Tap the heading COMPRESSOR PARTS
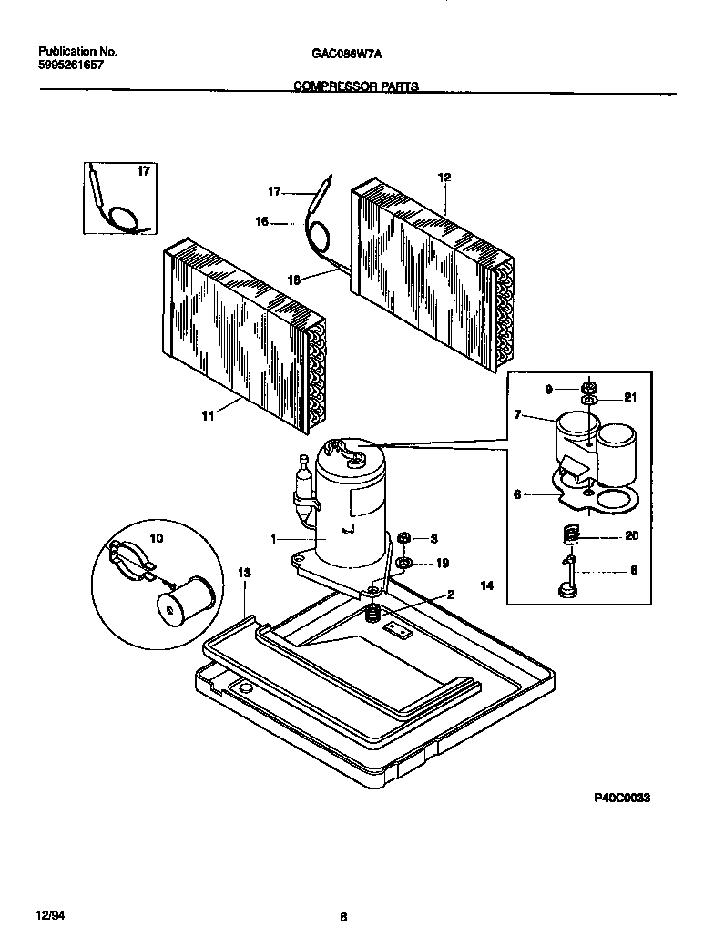pyautogui.click(x=356, y=86)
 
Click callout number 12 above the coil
pyautogui.click(x=444, y=178)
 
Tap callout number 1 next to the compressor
pyautogui.click(x=273, y=539)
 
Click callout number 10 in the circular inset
pyautogui.click(x=156, y=539)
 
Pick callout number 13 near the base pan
pyautogui.click(x=244, y=573)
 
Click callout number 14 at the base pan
pyautogui.click(x=486, y=587)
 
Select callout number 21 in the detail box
pyautogui.click(x=632, y=398)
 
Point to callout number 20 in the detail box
pyautogui.click(x=632, y=536)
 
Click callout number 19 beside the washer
pyautogui.click(x=443, y=564)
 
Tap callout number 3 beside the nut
pyautogui.click(x=434, y=538)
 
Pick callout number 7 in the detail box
pyautogui.click(x=517, y=415)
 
